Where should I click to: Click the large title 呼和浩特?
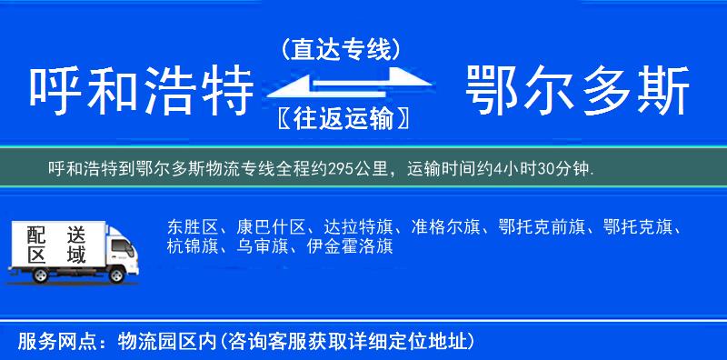pyautogui.click(x=141, y=92)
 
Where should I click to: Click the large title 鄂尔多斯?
pyautogui.click(x=577, y=92)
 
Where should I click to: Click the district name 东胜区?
pyautogui.click(x=190, y=227)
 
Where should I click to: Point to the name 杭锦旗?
pyautogui.click(x=190, y=246)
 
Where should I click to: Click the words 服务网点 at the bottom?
pyautogui.click(x=45, y=341)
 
